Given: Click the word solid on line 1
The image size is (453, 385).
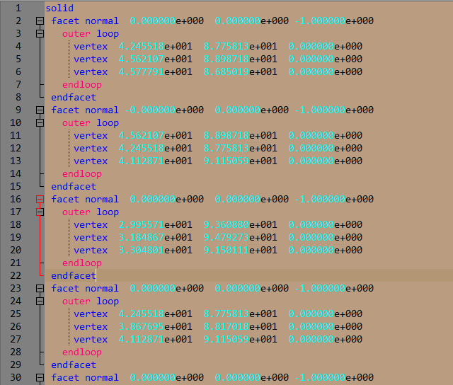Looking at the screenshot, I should (59, 8).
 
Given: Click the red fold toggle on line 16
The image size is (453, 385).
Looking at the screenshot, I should (40, 199).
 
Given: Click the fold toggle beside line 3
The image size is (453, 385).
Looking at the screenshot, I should (40, 33).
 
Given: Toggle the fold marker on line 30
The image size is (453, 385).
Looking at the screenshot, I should (40, 377).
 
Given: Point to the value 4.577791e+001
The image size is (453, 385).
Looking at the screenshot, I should (155, 71).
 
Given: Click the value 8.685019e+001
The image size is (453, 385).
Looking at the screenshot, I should (240, 71).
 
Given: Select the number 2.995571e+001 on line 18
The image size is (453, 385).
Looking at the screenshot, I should (155, 224).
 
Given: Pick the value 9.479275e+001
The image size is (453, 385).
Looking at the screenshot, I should (240, 237).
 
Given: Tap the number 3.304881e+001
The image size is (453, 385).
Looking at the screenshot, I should (155, 250).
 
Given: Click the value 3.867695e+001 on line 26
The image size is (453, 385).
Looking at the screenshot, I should (155, 326).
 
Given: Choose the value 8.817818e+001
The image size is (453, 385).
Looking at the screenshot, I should (240, 326).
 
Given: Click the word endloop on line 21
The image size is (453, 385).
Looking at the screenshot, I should (82, 263).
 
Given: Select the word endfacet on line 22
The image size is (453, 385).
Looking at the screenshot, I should (74, 275).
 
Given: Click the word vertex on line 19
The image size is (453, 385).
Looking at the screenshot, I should (91, 237).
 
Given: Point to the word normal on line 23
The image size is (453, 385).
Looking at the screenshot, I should (102, 288).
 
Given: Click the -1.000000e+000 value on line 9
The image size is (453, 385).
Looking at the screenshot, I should (333, 110).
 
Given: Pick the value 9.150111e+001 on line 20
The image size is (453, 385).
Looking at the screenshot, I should (240, 250).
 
